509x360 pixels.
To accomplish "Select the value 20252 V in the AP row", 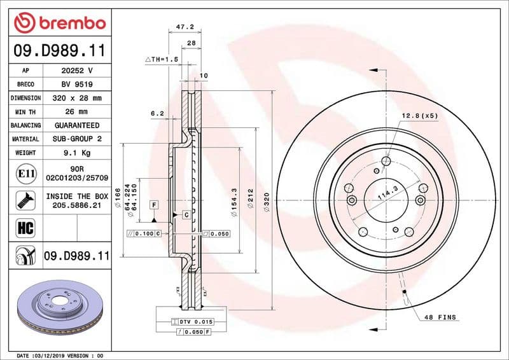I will (x=77, y=71).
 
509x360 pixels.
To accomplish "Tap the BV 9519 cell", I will (x=77, y=84).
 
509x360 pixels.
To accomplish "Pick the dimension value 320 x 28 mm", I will (x=77, y=98).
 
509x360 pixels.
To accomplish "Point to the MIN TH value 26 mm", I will (x=77, y=112).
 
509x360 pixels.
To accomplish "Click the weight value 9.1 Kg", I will (x=77, y=153).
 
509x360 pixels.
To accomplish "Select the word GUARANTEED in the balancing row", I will (x=77, y=125).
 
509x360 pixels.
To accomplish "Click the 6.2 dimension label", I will (x=157, y=113).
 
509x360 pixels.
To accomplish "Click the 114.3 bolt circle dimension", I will (x=387, y=193).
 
